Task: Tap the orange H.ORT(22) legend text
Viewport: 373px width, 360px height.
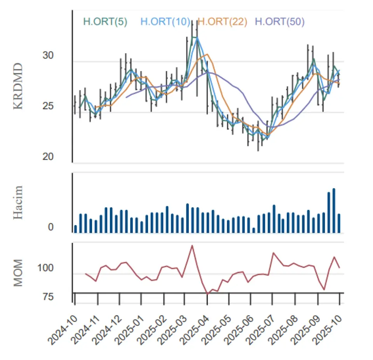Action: click(x=222, y=22)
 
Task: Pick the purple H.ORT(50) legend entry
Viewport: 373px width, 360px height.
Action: click(x=280, y=22)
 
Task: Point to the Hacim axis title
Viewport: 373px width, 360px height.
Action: click(x=18, y=202)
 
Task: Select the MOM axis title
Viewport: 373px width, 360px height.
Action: click(x=18, y=272)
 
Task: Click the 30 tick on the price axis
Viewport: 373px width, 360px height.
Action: click(x=48, y=56)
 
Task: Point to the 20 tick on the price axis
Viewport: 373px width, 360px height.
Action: click(x=48, y=157)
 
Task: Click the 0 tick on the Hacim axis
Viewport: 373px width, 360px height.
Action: click(x=51, y=227)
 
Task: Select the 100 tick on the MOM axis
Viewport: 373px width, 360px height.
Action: click(x=46, y=268)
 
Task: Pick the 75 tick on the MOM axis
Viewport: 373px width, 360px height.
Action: click(x=48, y=297)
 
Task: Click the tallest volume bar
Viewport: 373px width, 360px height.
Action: click(x=334, y=210)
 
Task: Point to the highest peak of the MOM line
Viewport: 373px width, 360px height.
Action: click(x=192, y=245)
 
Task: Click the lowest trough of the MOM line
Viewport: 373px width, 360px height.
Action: click(x=208, y=294)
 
